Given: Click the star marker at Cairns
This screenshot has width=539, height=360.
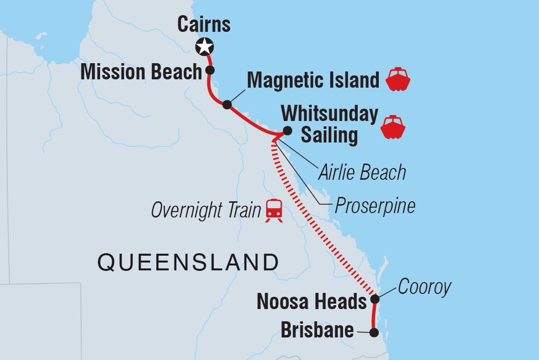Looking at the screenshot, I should (x=204, y=47).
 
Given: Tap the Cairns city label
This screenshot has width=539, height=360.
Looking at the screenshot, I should (x=204, y=24).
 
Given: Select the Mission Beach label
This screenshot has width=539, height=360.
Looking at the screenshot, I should (x=141, y=72).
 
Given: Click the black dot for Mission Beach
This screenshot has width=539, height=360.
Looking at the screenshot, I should (x=210, y=70).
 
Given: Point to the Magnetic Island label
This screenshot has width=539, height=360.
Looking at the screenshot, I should (x=313, y=80).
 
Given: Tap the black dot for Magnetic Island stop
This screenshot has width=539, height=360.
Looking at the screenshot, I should (x=227, y=104).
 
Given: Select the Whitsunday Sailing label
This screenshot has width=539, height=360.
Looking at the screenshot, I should (x=329, y=124).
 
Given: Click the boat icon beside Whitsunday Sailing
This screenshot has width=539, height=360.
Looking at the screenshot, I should (x=393, y=127).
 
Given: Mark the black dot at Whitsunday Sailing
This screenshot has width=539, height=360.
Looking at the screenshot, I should (x=288, y=131).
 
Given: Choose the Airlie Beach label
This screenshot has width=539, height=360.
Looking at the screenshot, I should (x=362, y=172).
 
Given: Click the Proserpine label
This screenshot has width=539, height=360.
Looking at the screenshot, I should (x=375, y=206).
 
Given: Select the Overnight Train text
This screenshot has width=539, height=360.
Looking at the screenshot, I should (x=205, y=210).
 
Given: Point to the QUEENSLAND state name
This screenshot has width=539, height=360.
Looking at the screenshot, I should (x=188, y=263).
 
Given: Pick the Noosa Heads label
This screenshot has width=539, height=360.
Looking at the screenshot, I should (x=312, y=302).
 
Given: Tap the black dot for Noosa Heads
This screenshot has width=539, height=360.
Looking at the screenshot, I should (x=374, y=299).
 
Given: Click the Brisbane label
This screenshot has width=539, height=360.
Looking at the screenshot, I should (x=317, y=330).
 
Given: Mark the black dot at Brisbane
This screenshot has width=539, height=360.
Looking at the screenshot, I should (x=374, y=333).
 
